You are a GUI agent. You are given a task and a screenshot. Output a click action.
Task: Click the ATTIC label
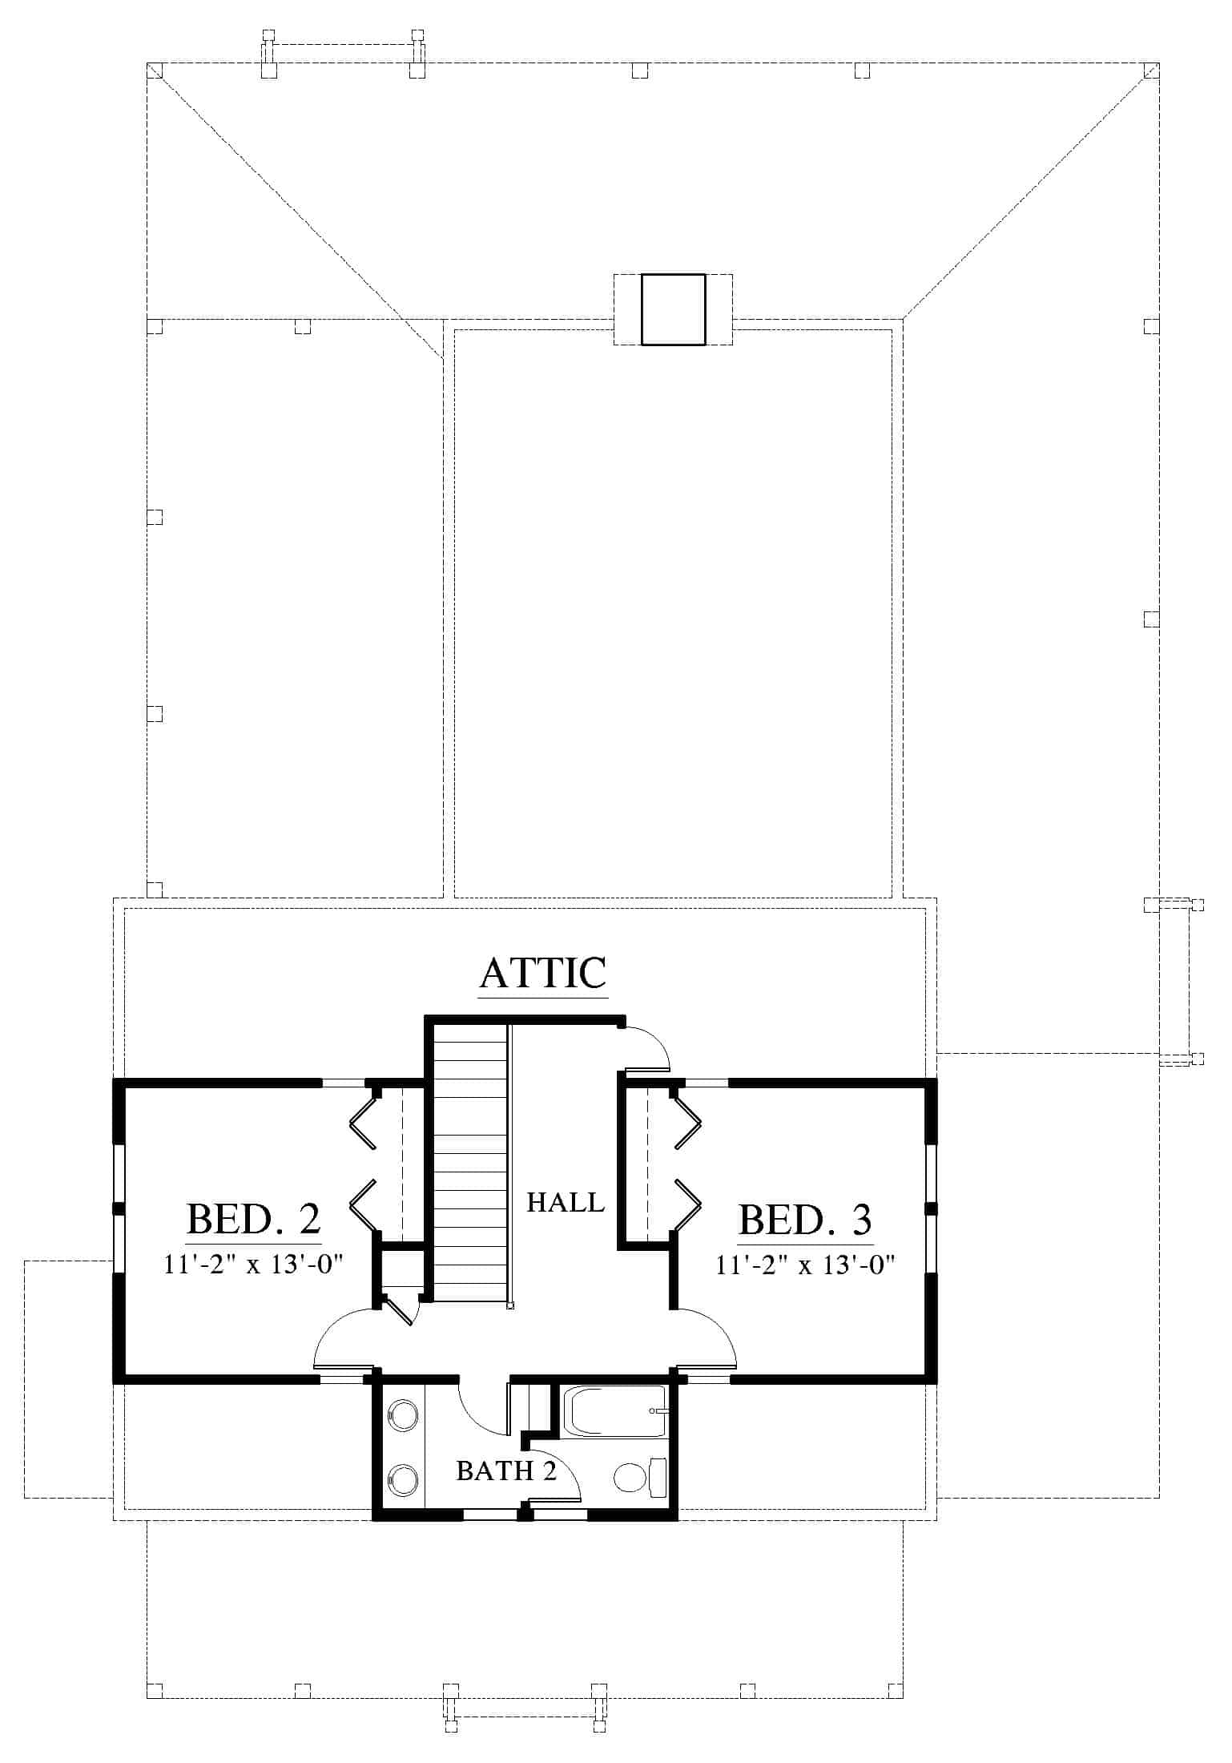click(x=543, y=973)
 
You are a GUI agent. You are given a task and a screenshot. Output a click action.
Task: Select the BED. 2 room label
click(x=254, y=1219)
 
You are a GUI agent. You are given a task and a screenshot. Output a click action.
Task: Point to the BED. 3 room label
click(x=805, y=1219)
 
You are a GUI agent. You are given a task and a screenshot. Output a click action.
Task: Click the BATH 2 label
click(x=506, y=1471)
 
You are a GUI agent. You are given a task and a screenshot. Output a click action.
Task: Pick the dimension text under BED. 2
click(x=254, y=1265)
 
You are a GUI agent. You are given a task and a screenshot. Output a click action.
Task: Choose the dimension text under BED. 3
click(x=805, y=1265)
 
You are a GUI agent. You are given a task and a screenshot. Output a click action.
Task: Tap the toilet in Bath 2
click(x=640, y=1476)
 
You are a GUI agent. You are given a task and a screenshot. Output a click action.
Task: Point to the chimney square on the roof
click(x=673, y=309)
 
